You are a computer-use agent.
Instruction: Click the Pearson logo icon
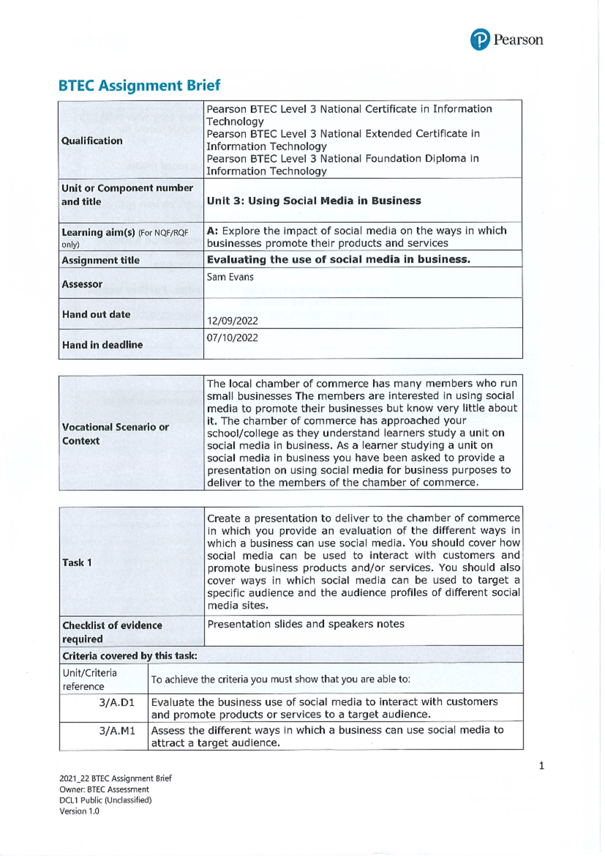[479, 39]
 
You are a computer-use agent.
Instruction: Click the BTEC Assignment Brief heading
[139, 85]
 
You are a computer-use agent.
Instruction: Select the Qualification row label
[92, 141]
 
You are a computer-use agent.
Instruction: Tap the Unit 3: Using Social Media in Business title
[314, 201]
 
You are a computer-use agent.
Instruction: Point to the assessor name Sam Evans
[230, 277]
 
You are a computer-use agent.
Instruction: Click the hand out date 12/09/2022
[232, 321]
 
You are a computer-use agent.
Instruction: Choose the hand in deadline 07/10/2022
[232, 338]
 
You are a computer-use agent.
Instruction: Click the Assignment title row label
[100, 260]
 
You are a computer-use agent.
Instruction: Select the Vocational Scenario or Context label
[115, 434]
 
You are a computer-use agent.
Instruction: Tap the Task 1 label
[77, 563]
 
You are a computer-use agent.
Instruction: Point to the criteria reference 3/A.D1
[117, 703]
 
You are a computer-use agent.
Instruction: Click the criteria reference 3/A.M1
[117, 731]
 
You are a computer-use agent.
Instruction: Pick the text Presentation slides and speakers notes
[306, 624]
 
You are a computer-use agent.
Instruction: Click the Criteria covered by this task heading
[130, 656]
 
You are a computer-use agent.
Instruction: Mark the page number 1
[541, 766]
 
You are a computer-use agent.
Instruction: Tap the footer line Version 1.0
[79, 812]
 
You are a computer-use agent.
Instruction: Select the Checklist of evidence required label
[112, 632]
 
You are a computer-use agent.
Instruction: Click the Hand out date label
[96, 314]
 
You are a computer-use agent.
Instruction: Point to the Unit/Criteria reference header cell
[90, 679]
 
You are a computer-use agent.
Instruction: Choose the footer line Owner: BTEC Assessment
[104, 789]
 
